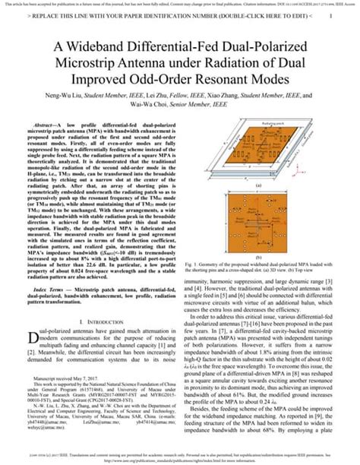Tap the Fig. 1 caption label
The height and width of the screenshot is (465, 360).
tap(195, 277)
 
